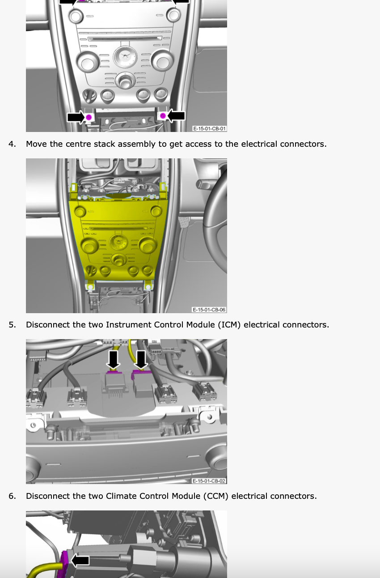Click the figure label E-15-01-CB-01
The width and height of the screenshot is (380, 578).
click(x=209, y=128)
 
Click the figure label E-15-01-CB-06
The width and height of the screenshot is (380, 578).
click(x=209, y=310)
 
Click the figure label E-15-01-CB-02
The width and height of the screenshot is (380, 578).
click(x=209, y=481)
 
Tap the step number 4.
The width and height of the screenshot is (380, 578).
click(x=12, y=144)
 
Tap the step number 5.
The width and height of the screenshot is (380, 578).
click(x=12, y=325)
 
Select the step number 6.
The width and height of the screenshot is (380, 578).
click(x=12, y=496)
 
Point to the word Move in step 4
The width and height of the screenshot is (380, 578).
click(x=37, y=144)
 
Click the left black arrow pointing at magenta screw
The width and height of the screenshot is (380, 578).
click(x=76, y=117)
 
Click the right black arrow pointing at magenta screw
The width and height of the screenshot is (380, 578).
click(x=176, y=115)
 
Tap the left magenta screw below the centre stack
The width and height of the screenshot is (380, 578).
click(x=89, y=117)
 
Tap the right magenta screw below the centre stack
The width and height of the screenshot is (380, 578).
click(x=163, y=116)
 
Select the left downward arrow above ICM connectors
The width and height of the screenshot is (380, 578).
click(x=113, y=359)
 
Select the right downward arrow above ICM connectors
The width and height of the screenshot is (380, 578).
click(x=141, y=359)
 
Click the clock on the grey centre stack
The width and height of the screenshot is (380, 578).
click(x=125, y=57)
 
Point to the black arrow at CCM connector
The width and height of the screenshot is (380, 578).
click(x=80, y=561)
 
